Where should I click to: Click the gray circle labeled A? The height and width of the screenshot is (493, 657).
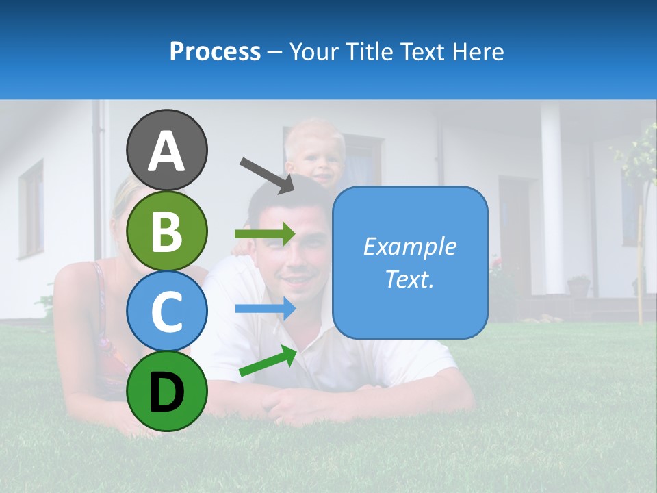tap(167, 150)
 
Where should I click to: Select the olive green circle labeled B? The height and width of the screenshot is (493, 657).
tap(167, 231)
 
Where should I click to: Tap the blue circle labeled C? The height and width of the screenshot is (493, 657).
tap(167, 311)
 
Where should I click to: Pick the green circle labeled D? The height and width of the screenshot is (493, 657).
tap(167, 391)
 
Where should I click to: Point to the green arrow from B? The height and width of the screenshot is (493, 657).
tap(265, 234)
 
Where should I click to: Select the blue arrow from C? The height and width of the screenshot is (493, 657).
tap(266, 308)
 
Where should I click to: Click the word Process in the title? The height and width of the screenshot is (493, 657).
tap(215, 51)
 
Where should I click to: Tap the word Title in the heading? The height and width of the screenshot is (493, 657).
tap(369, 51)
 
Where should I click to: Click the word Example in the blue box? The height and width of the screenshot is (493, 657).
tap(409, 246)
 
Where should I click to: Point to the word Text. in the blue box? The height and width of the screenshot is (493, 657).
tap(409, 279)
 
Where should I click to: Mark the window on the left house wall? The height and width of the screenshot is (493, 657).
tap(31, 209)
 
